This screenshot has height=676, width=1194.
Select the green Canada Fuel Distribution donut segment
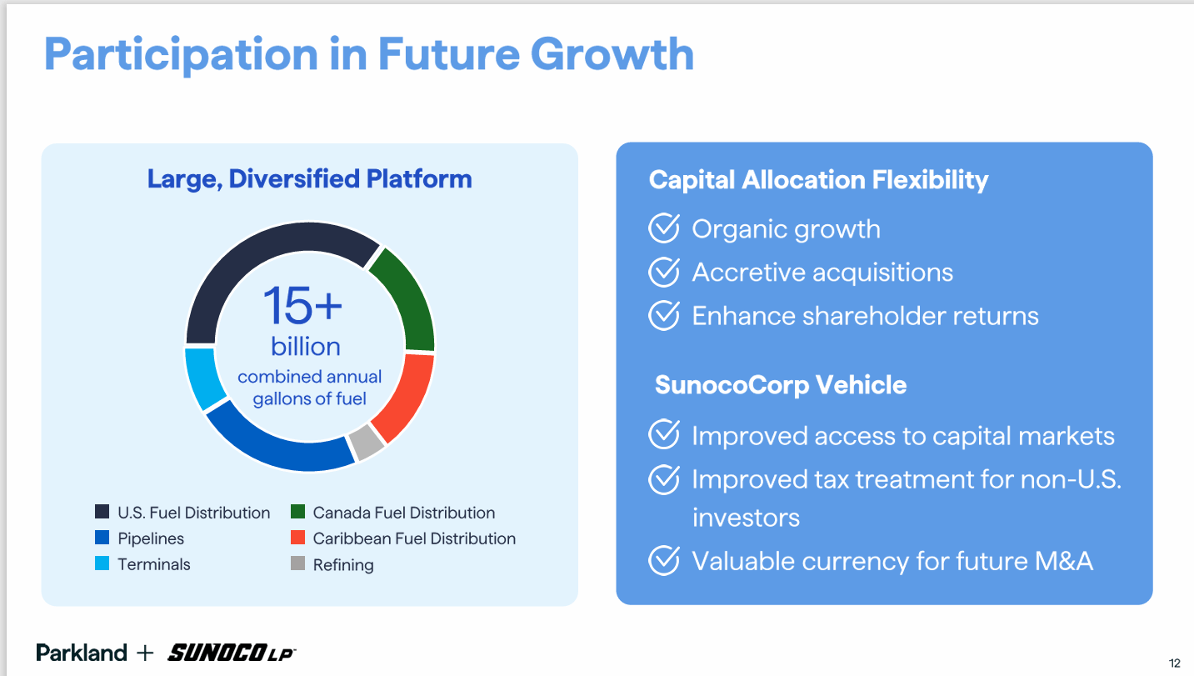click(409, 298)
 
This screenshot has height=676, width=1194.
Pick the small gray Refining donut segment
click(366, 442)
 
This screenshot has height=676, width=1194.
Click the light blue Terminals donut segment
click(203, 378)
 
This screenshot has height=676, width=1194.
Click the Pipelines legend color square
click(102, 538)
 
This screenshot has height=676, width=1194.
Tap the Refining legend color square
click(298, 563)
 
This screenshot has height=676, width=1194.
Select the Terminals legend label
click(154, 564)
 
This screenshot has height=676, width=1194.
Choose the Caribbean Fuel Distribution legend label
click(414, 538)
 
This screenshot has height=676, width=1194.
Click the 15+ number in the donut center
click(302, 305)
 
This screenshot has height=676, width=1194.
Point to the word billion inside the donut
click(306, 347)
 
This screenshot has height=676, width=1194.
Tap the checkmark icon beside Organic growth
click(664, 228)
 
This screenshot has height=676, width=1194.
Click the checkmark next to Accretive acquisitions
click(664, 272)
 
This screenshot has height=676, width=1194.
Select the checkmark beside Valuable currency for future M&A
click(664, 560)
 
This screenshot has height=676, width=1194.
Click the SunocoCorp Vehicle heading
click(781, 385)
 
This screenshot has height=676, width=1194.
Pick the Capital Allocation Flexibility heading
click(818, 180)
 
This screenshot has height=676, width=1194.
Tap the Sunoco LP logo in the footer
click(232, 653)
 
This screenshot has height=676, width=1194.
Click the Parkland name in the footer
click(82, 653)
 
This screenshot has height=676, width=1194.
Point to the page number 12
click(1175, 663)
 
